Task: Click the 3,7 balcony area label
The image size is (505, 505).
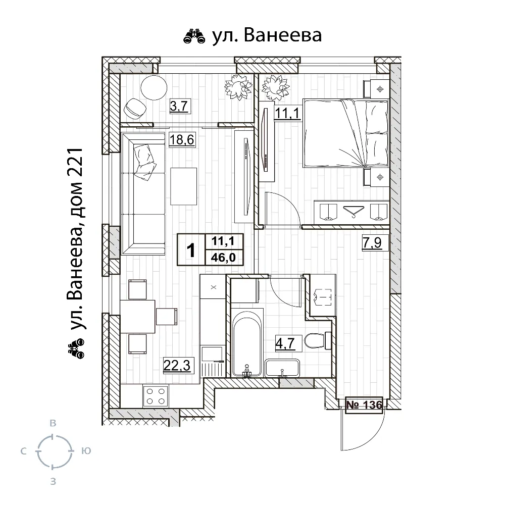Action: [178, 106]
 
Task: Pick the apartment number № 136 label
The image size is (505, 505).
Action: [364, 405]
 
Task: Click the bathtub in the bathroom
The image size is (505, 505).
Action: [247, 343]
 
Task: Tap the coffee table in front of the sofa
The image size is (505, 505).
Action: [183, 186]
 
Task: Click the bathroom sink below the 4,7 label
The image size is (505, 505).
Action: [283, 368]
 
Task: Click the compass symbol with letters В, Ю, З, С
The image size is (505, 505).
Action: [53, 451]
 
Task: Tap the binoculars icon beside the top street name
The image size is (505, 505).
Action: [195, 36]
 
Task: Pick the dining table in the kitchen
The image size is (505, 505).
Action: [137, 316]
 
